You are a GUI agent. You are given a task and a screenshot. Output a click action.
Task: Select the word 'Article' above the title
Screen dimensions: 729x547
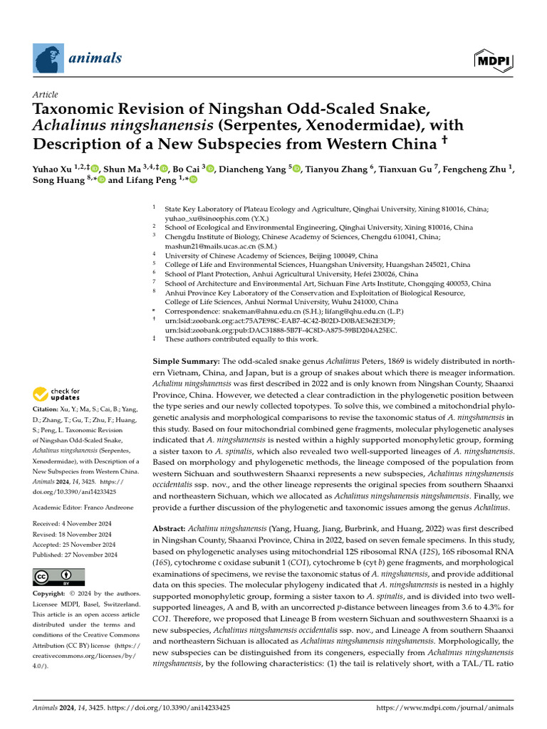46,95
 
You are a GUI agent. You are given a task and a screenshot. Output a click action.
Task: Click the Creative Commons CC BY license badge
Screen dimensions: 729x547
58,577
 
